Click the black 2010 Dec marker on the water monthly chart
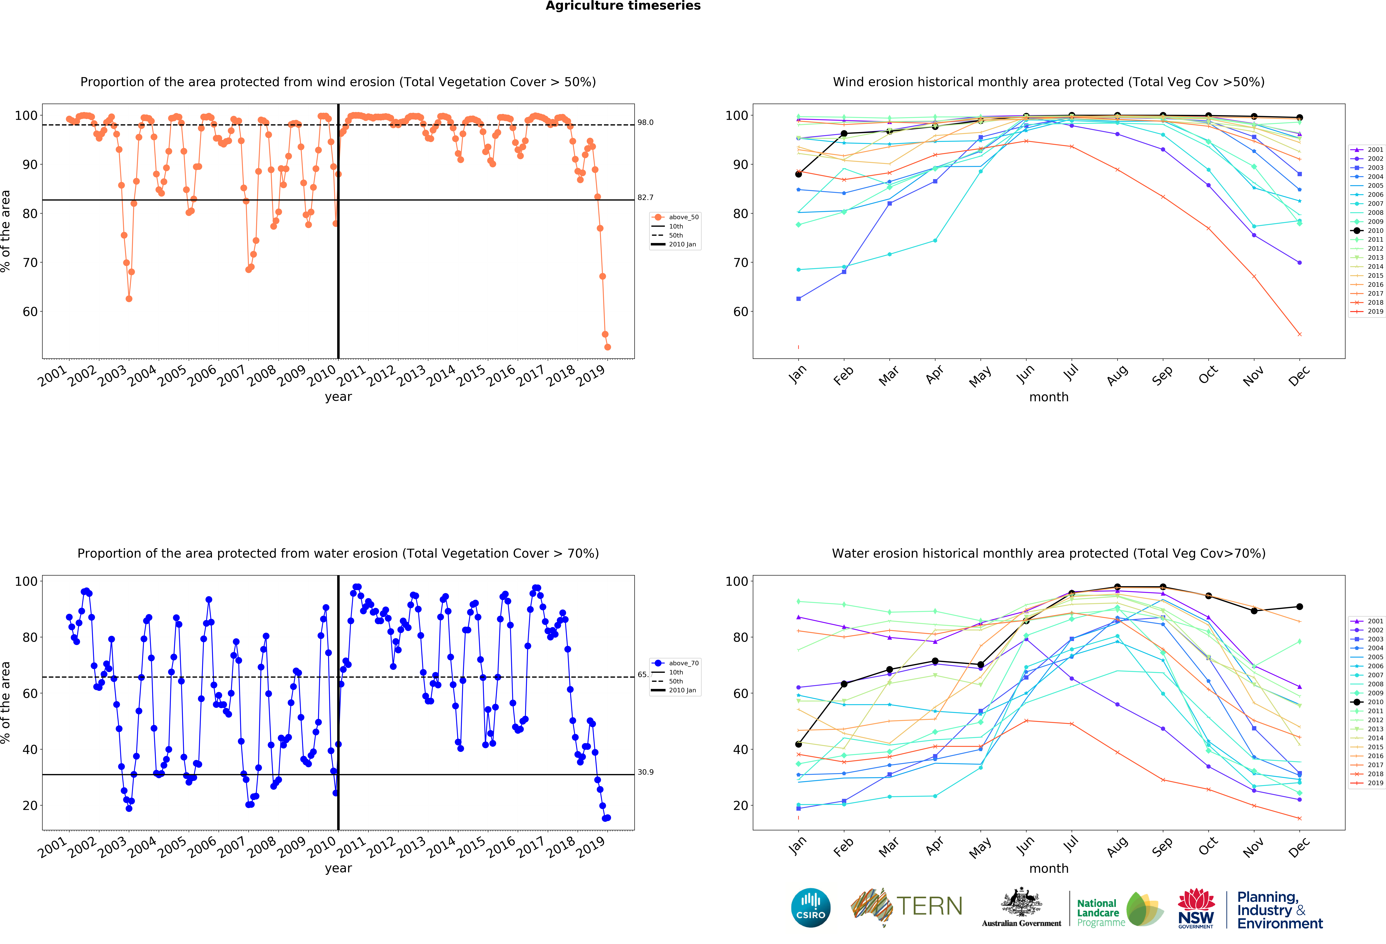pos(1299,607)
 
